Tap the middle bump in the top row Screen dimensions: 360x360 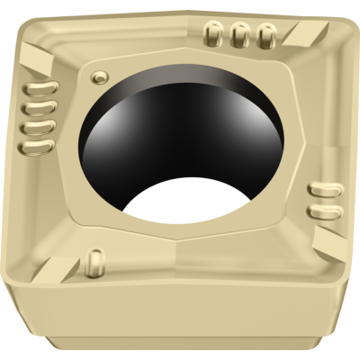click(239, 35)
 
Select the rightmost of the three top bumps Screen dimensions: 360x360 click(265, 36)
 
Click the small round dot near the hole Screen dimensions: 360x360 click(102, 73)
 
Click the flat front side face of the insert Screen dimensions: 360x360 click(180, 324)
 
